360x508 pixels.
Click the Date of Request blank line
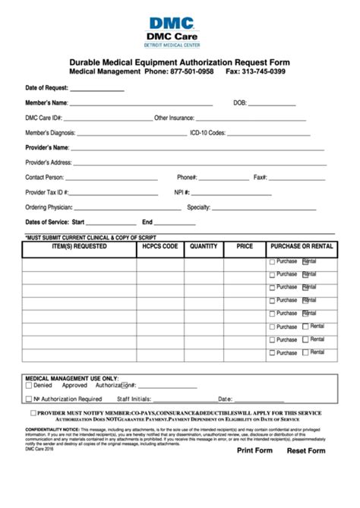tap(96, 88)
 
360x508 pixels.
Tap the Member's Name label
tap(46, 103)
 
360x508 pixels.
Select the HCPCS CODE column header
tap(159, 247)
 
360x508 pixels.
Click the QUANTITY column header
tap(204, 247)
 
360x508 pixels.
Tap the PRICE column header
tap(245, 247)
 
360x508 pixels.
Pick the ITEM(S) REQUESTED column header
tap(79, 247)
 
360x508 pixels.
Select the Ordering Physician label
tap(49, 207)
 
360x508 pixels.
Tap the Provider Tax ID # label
tap(47, 192)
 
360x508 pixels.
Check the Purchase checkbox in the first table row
tap(273, 263)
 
